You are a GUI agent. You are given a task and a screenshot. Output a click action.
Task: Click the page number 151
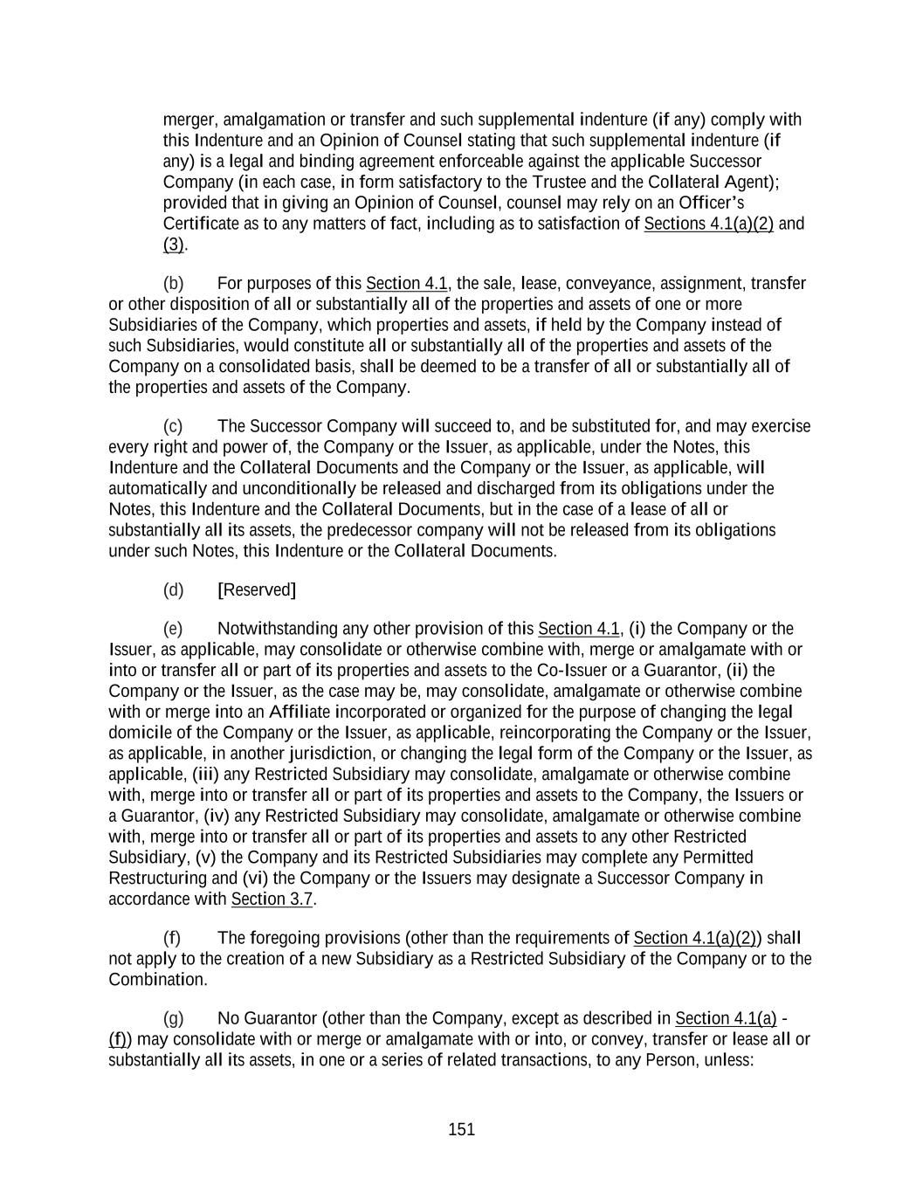click(x=461, y=1129)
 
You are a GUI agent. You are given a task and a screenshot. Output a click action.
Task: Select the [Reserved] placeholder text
click(x=257, y=590)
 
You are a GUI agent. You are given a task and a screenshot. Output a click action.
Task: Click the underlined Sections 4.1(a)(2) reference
click(x=708, y=224)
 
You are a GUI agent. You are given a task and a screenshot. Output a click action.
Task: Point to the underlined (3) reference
click(x=173, y=245)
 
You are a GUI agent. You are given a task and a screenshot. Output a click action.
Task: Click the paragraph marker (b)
click(x=173, y=284)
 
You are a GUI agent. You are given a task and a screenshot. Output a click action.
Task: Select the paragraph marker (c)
click(x=173, y=427)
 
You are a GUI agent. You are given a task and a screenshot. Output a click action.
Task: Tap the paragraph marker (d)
click(x=173, y=590)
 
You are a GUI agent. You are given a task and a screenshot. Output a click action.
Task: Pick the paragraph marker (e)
click(x=173, y=630)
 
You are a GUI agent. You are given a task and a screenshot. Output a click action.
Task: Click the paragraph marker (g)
click(x=173, y=1019)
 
